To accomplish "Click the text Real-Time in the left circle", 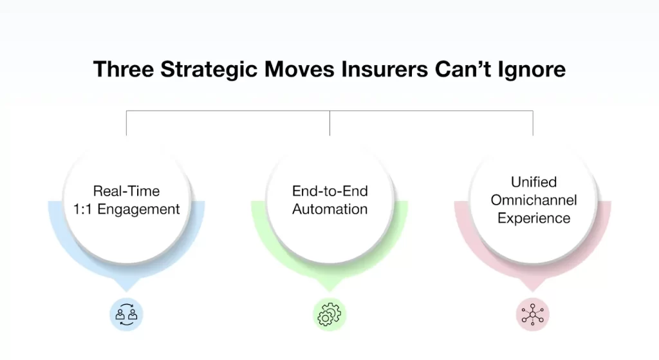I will point(126,191).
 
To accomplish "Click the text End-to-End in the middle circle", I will point(329,191).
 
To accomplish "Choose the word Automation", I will point(329,209).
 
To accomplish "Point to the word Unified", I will point(534,182).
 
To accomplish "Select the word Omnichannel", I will point(534,200).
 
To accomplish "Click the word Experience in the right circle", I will point(534,218).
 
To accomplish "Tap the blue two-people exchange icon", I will point(126,315).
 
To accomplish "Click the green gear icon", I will point(329,315).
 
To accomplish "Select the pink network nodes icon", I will point(533,315).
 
